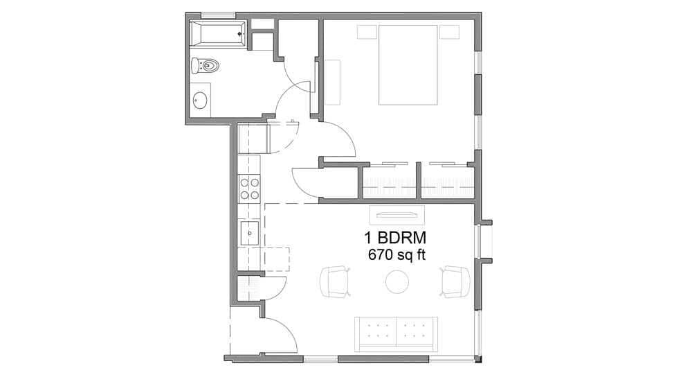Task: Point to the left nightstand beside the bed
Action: (367, 32)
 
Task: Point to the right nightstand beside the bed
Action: (450, 32)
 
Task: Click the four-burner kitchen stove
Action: (250, 189)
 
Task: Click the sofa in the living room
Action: (395, 333)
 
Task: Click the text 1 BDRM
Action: (395, 238)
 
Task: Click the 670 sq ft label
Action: (398, 255)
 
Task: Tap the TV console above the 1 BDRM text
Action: (396, 213)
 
